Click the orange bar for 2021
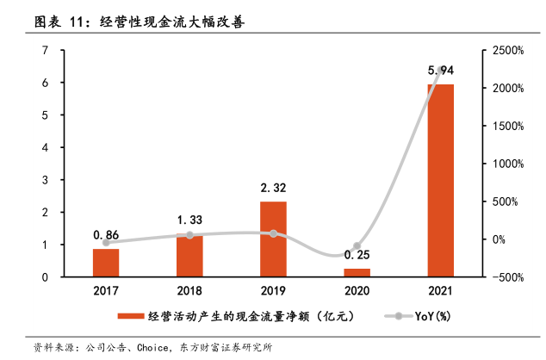440,181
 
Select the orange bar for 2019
273,239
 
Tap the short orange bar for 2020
357,272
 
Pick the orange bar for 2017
106,263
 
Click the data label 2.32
273,187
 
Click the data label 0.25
357,256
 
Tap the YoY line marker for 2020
357,246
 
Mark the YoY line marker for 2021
440,69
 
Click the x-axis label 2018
189,291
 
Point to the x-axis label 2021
440,291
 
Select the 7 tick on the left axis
44,51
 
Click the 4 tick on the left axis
44,147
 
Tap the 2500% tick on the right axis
508,51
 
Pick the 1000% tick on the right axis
508,164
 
